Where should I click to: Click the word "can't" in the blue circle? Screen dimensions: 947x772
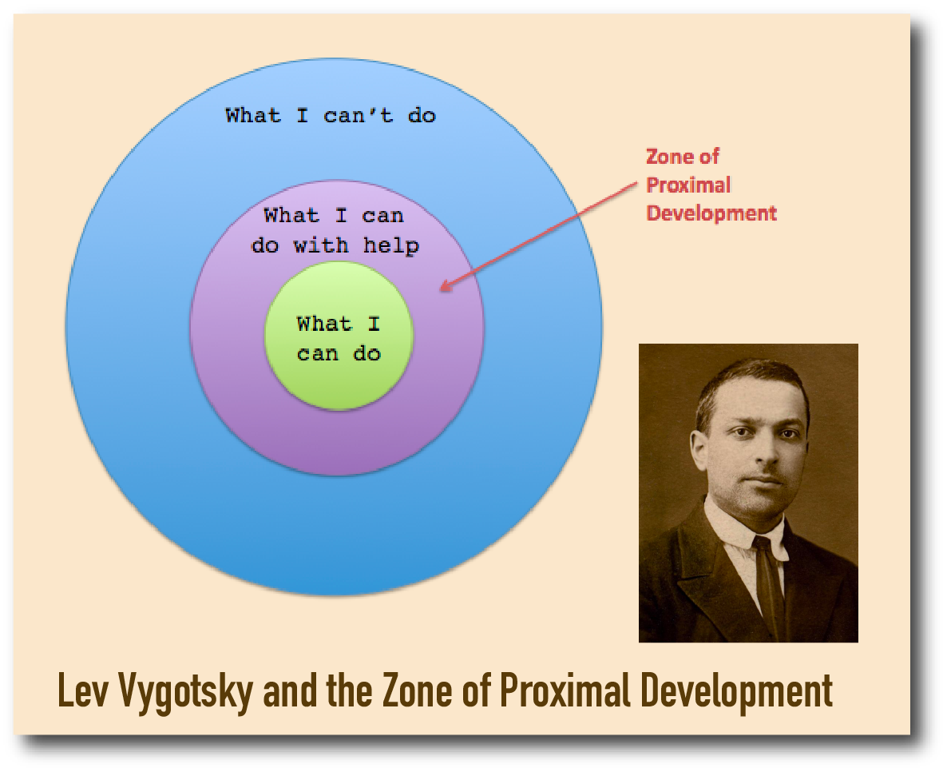(359, 115)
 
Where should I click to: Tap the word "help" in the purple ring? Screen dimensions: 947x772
(390, 245)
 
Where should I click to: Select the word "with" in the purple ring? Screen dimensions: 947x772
(321, 245)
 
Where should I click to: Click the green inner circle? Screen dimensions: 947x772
(339, 336)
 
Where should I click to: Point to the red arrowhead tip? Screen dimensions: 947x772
(440, 290)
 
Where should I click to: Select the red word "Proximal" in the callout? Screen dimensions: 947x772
(688, 185)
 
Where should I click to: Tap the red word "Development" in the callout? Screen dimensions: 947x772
(711, 213)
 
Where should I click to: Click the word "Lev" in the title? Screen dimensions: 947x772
(83, 690)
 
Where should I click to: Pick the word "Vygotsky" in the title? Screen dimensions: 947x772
(185, 693)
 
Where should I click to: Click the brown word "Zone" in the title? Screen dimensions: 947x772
(417, 690)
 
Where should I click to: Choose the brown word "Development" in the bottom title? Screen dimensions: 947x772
(736, 693)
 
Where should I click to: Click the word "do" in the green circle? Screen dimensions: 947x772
(367, 353)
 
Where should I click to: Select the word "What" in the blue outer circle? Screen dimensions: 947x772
(253, 115)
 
